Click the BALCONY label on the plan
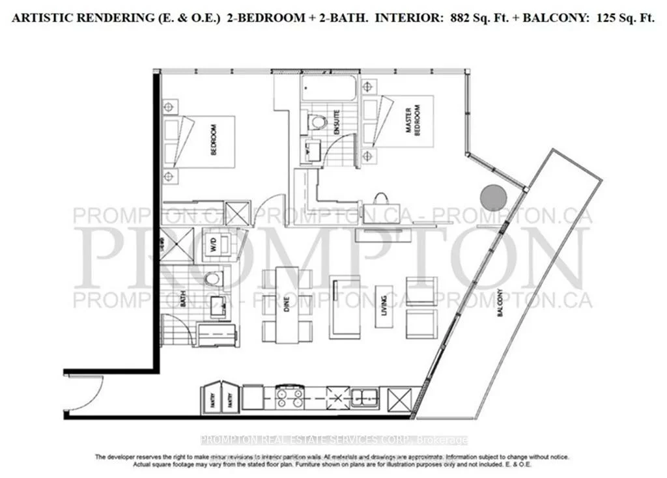(x=501, y=303)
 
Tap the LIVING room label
(x=385, y=306)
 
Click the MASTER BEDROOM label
(x=413, y=122)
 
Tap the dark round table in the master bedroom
(x=492, y=197)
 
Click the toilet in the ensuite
(x=318, y=122)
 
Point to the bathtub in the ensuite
(x=329, y=89)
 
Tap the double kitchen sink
(x=362, y=396)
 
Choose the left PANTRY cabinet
(x=212, y=396)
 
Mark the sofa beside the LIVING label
(x=344, y=307)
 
